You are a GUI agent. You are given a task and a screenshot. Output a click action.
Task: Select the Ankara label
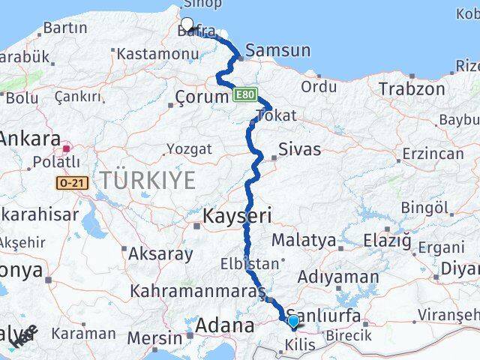tap(31, 139)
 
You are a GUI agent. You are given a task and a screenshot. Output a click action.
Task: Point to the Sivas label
tap(299, 148)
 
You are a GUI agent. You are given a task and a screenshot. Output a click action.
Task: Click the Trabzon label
tap(412, 88)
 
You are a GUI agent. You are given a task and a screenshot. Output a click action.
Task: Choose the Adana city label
tap(224, 326)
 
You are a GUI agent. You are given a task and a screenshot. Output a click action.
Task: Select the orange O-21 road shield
tap(69, 181)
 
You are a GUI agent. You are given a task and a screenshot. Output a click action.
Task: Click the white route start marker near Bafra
tap(187, 24)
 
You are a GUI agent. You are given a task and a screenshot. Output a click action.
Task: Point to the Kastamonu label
tap(148, 54)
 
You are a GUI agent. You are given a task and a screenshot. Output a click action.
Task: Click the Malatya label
tap(303, 241)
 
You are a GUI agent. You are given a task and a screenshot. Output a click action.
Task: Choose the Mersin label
tap(155, 337)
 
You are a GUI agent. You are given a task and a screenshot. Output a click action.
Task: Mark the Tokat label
tap(276, 115)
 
